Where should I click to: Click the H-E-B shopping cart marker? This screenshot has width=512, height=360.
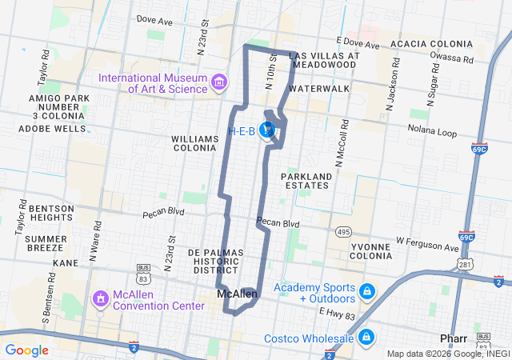269,130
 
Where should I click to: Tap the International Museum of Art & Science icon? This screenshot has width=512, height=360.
218,82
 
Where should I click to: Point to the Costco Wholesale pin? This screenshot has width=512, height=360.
367,338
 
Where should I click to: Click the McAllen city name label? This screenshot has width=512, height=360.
238,295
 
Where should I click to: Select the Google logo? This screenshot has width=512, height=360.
27,350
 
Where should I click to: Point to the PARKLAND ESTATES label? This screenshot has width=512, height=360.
305,180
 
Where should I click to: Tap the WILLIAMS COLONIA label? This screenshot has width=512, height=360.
194,143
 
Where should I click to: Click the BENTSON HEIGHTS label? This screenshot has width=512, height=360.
51,213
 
